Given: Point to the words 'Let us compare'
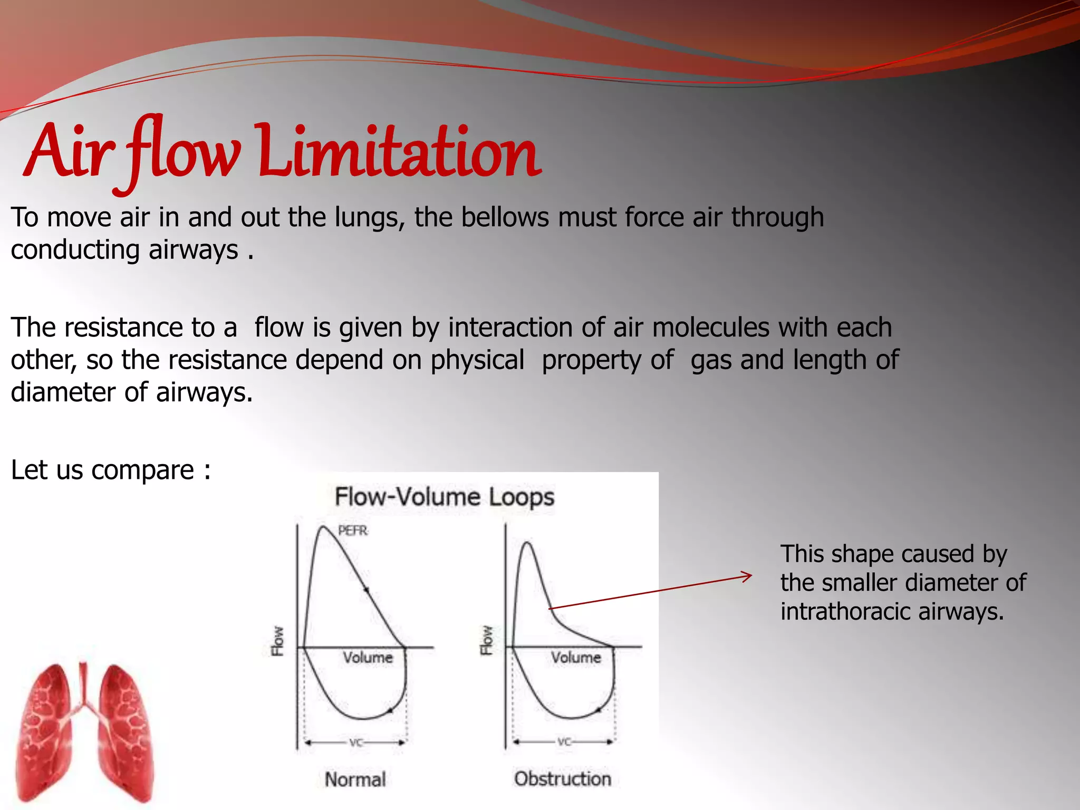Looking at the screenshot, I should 102,470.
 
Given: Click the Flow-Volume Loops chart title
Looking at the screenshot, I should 445,497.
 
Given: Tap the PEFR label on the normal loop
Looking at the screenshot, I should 353,531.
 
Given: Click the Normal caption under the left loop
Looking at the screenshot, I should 355,779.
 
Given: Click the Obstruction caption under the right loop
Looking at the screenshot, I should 563,779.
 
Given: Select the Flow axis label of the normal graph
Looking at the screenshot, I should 277,641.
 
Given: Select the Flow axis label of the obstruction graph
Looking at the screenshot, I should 486,640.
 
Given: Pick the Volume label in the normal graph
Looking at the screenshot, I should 368,658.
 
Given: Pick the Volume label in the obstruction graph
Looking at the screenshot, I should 576,658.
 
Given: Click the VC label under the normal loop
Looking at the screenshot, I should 356,742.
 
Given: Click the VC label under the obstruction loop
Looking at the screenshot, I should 564,742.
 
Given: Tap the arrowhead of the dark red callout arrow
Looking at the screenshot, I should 748,576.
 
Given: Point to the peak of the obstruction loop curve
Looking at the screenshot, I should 527,543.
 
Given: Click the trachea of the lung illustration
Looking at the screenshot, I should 83,680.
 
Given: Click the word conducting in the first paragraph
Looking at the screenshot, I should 74,250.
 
